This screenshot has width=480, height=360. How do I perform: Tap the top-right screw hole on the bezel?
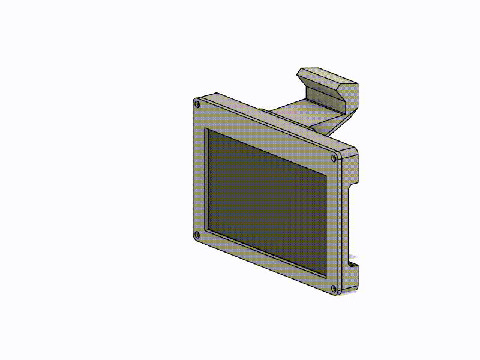[x=334, y=158]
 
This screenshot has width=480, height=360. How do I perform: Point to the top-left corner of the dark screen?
[x=208, y=130]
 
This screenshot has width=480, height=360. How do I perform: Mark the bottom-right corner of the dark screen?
[x=326, y=277]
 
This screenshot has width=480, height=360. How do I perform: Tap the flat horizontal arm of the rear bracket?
[x=300, y=114]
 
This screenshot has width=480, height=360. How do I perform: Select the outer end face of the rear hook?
[x=353, y=99]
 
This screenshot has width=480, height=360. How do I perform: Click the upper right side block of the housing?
[x=353, y=171]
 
